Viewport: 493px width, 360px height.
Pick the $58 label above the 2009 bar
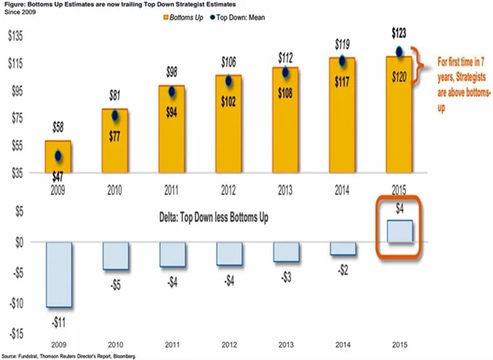tap(58, 126)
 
